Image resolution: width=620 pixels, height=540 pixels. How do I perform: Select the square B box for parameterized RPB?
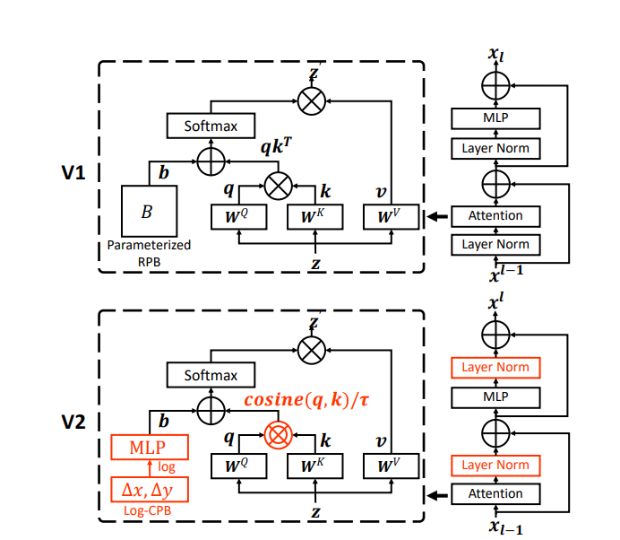(x=148, y=212)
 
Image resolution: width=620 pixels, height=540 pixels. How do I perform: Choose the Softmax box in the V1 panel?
(x=211, y=126)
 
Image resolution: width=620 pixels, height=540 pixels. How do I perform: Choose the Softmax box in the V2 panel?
(x=211, y=376)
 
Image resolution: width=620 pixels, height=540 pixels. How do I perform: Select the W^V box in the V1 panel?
(x=392, y=217)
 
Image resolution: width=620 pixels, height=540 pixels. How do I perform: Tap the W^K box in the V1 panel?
(x=314, y=217)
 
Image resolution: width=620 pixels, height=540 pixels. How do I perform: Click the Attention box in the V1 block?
(x=495, y=216)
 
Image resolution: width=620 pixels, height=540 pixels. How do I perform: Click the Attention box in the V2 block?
(x=495, y=493)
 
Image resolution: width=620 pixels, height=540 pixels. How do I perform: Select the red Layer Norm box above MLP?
(x=495, y=367)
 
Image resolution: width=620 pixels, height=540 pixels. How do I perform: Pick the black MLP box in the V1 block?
(x=495, y=118)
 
